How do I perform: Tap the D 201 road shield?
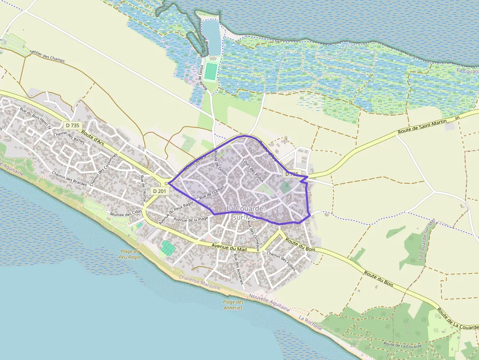pyautogui.click(x=159, y=191)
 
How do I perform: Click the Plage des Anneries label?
pyautogui.click(x=233, y=305)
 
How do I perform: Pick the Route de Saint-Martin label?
pyautogui.click(x=425, y=126)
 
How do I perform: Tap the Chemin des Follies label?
pyautogui.click(x=282, y=257)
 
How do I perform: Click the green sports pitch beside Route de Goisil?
pyautogui.click(x=210, y=71)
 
